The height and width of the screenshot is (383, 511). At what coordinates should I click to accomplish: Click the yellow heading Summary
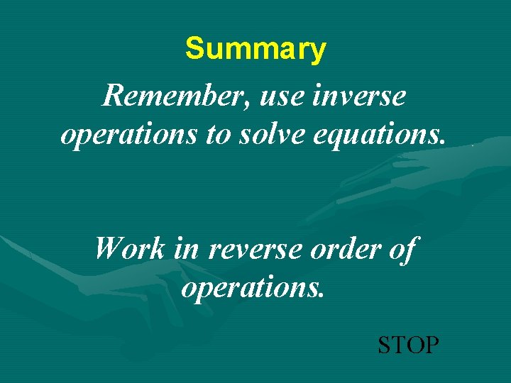(x=255, y=50)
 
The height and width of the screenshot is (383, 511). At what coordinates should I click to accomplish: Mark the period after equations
(x=444, y=143)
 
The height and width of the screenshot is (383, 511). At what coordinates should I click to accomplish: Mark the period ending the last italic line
(x=322, y=296)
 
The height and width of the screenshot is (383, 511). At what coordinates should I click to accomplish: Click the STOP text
(x=408, y=345)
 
